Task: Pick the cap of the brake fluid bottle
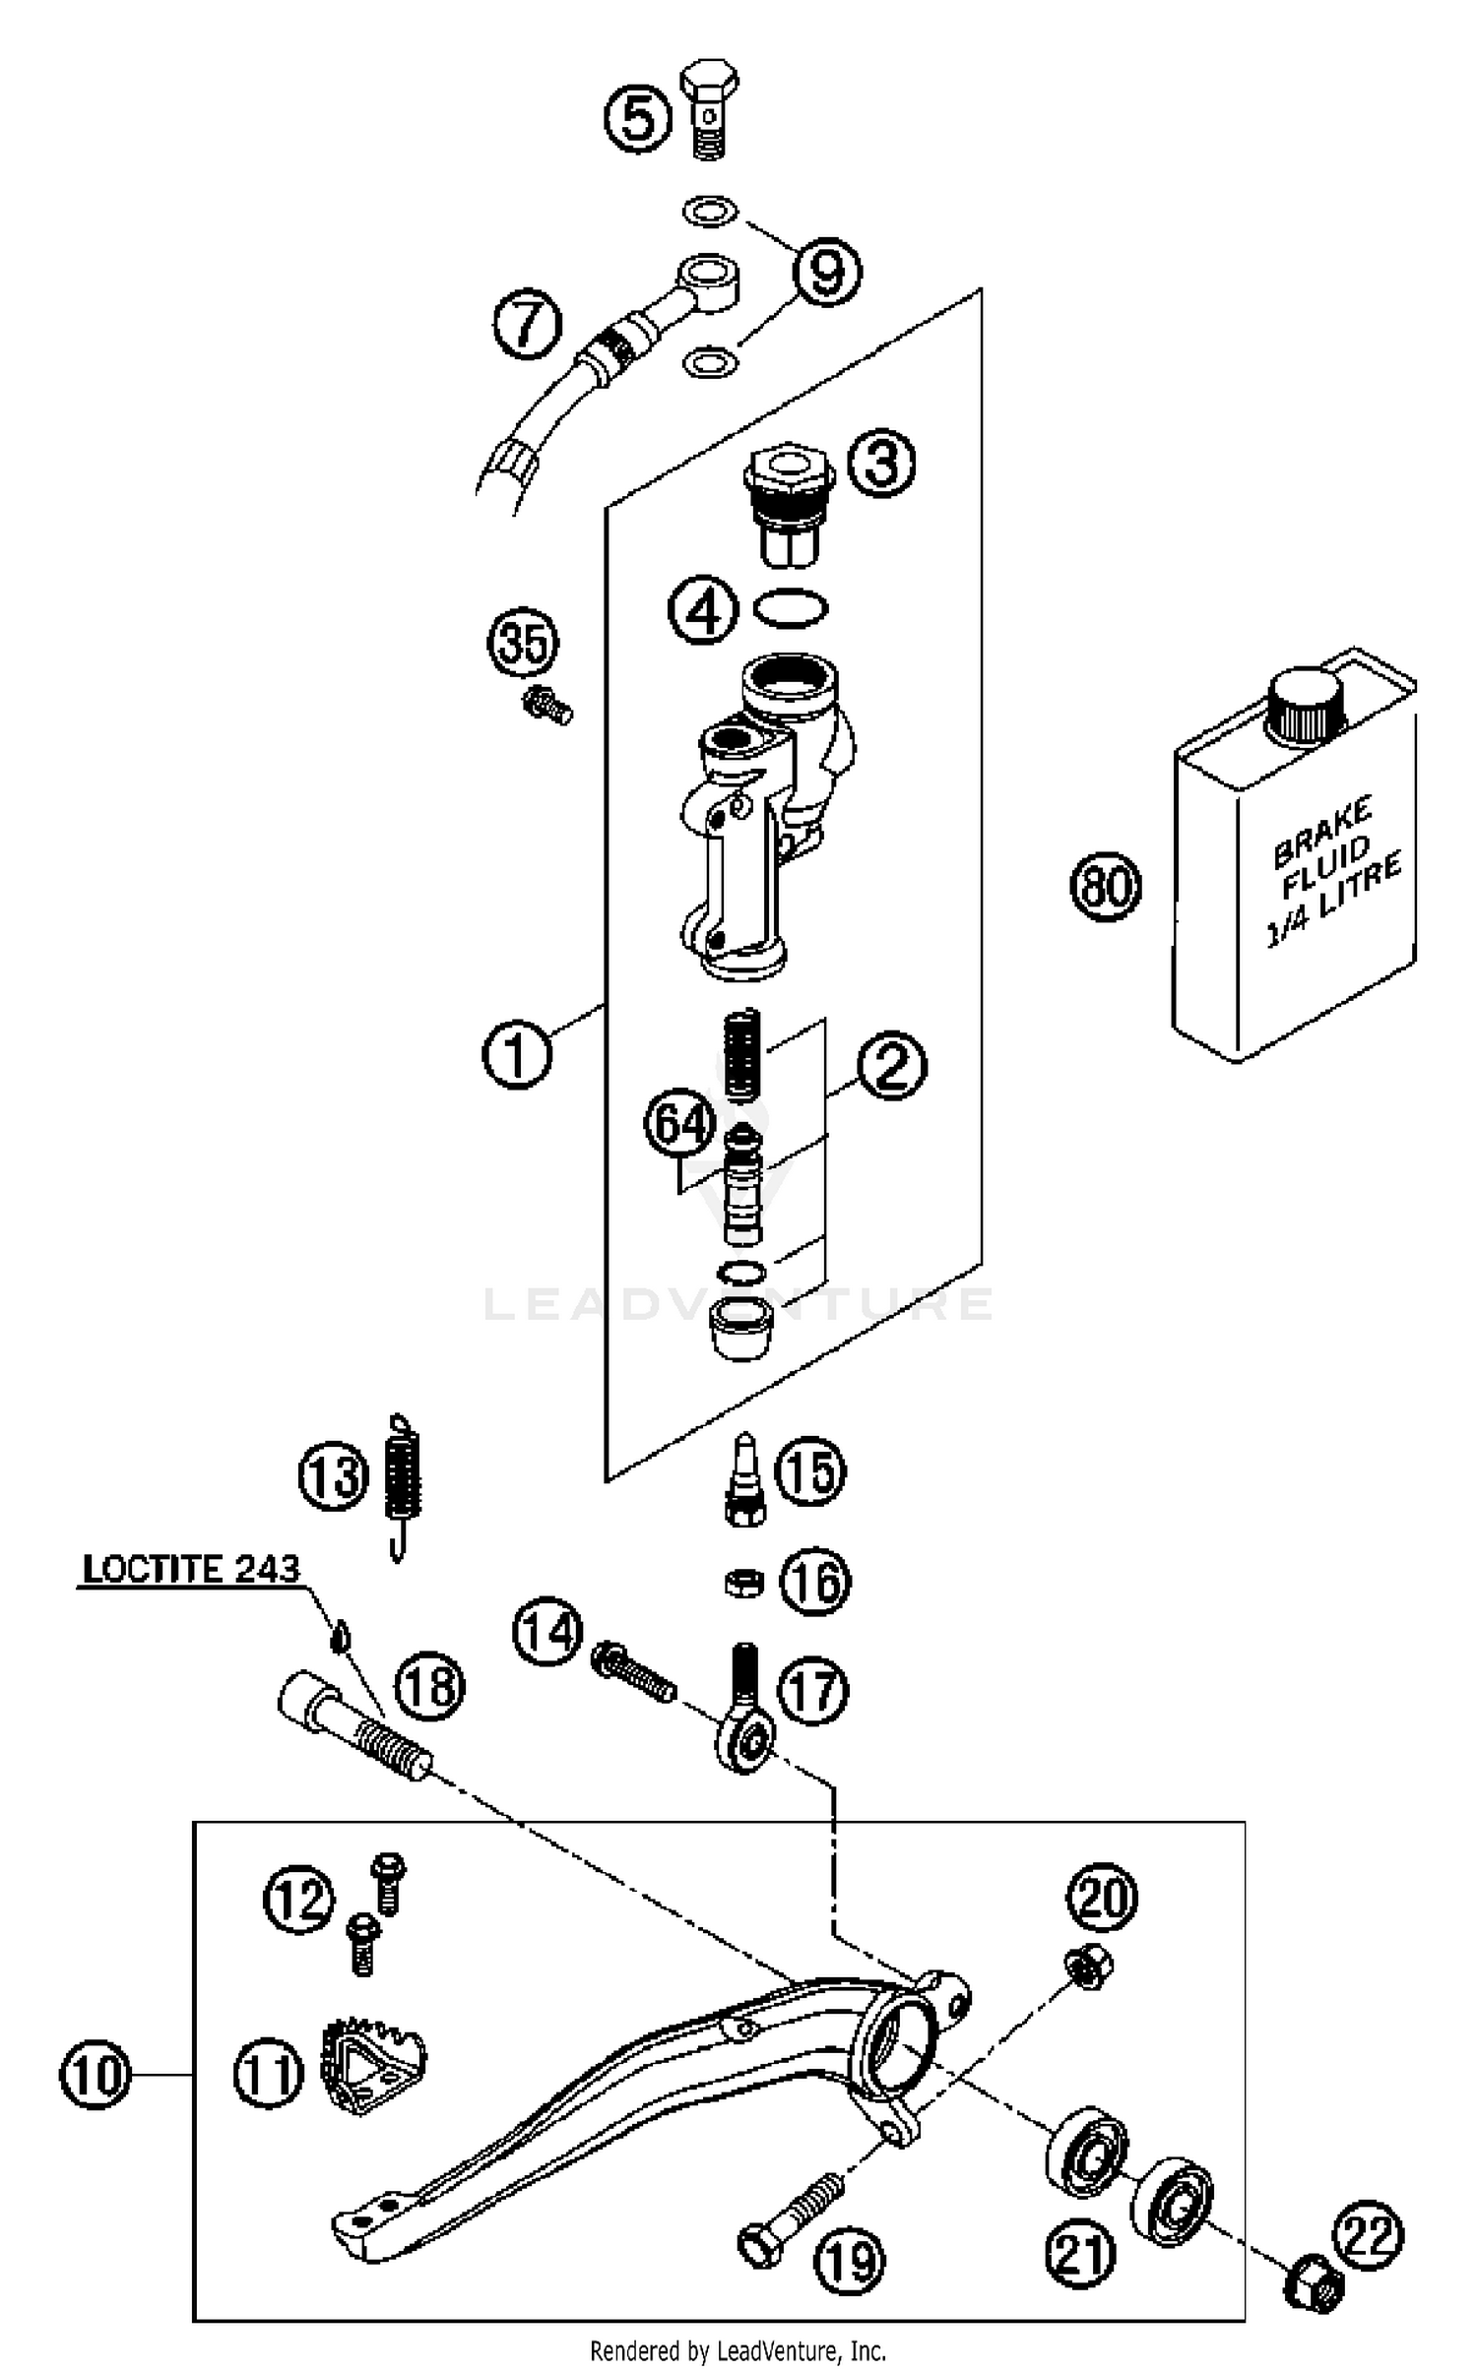tap(1306, 709)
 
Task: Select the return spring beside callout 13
tap(403, 1479)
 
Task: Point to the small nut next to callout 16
tap(744, 1583)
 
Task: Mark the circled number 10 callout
tap(95, 2076)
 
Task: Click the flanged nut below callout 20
tap(1089, 1968)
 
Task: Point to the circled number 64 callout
tap(679, 1123)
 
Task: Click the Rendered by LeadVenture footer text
tap(738, 2351)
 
